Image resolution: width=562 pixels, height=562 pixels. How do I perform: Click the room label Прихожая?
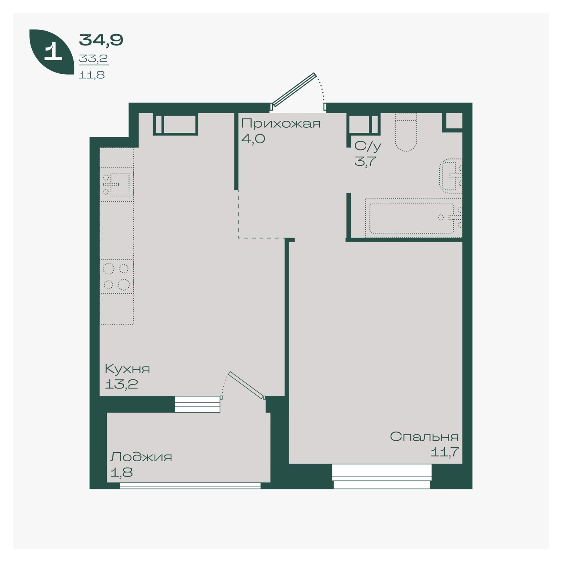[281, 124]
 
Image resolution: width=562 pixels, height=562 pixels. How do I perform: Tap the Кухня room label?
[127, 369]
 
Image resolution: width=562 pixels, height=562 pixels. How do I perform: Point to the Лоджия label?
[141, 457]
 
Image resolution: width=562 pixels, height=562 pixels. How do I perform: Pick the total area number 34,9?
[101, 40]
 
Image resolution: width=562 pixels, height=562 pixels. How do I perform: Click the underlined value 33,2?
[93, 59]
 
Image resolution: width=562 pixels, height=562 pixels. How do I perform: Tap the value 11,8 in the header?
[92, 75]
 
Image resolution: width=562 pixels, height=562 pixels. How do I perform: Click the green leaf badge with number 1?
[52, 52]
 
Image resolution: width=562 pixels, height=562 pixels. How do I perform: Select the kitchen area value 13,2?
[121, 384]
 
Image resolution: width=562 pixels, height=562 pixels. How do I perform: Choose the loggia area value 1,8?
[122, 472]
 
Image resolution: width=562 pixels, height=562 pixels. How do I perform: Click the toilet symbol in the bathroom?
[406, 132]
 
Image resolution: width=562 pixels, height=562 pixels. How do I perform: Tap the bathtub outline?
[413, 218]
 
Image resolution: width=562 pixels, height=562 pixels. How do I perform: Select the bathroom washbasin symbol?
[451, 176]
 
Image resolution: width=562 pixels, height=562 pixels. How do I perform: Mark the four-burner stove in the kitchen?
[117, 276]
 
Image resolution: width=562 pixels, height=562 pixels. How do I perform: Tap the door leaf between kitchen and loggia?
[247, 385]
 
